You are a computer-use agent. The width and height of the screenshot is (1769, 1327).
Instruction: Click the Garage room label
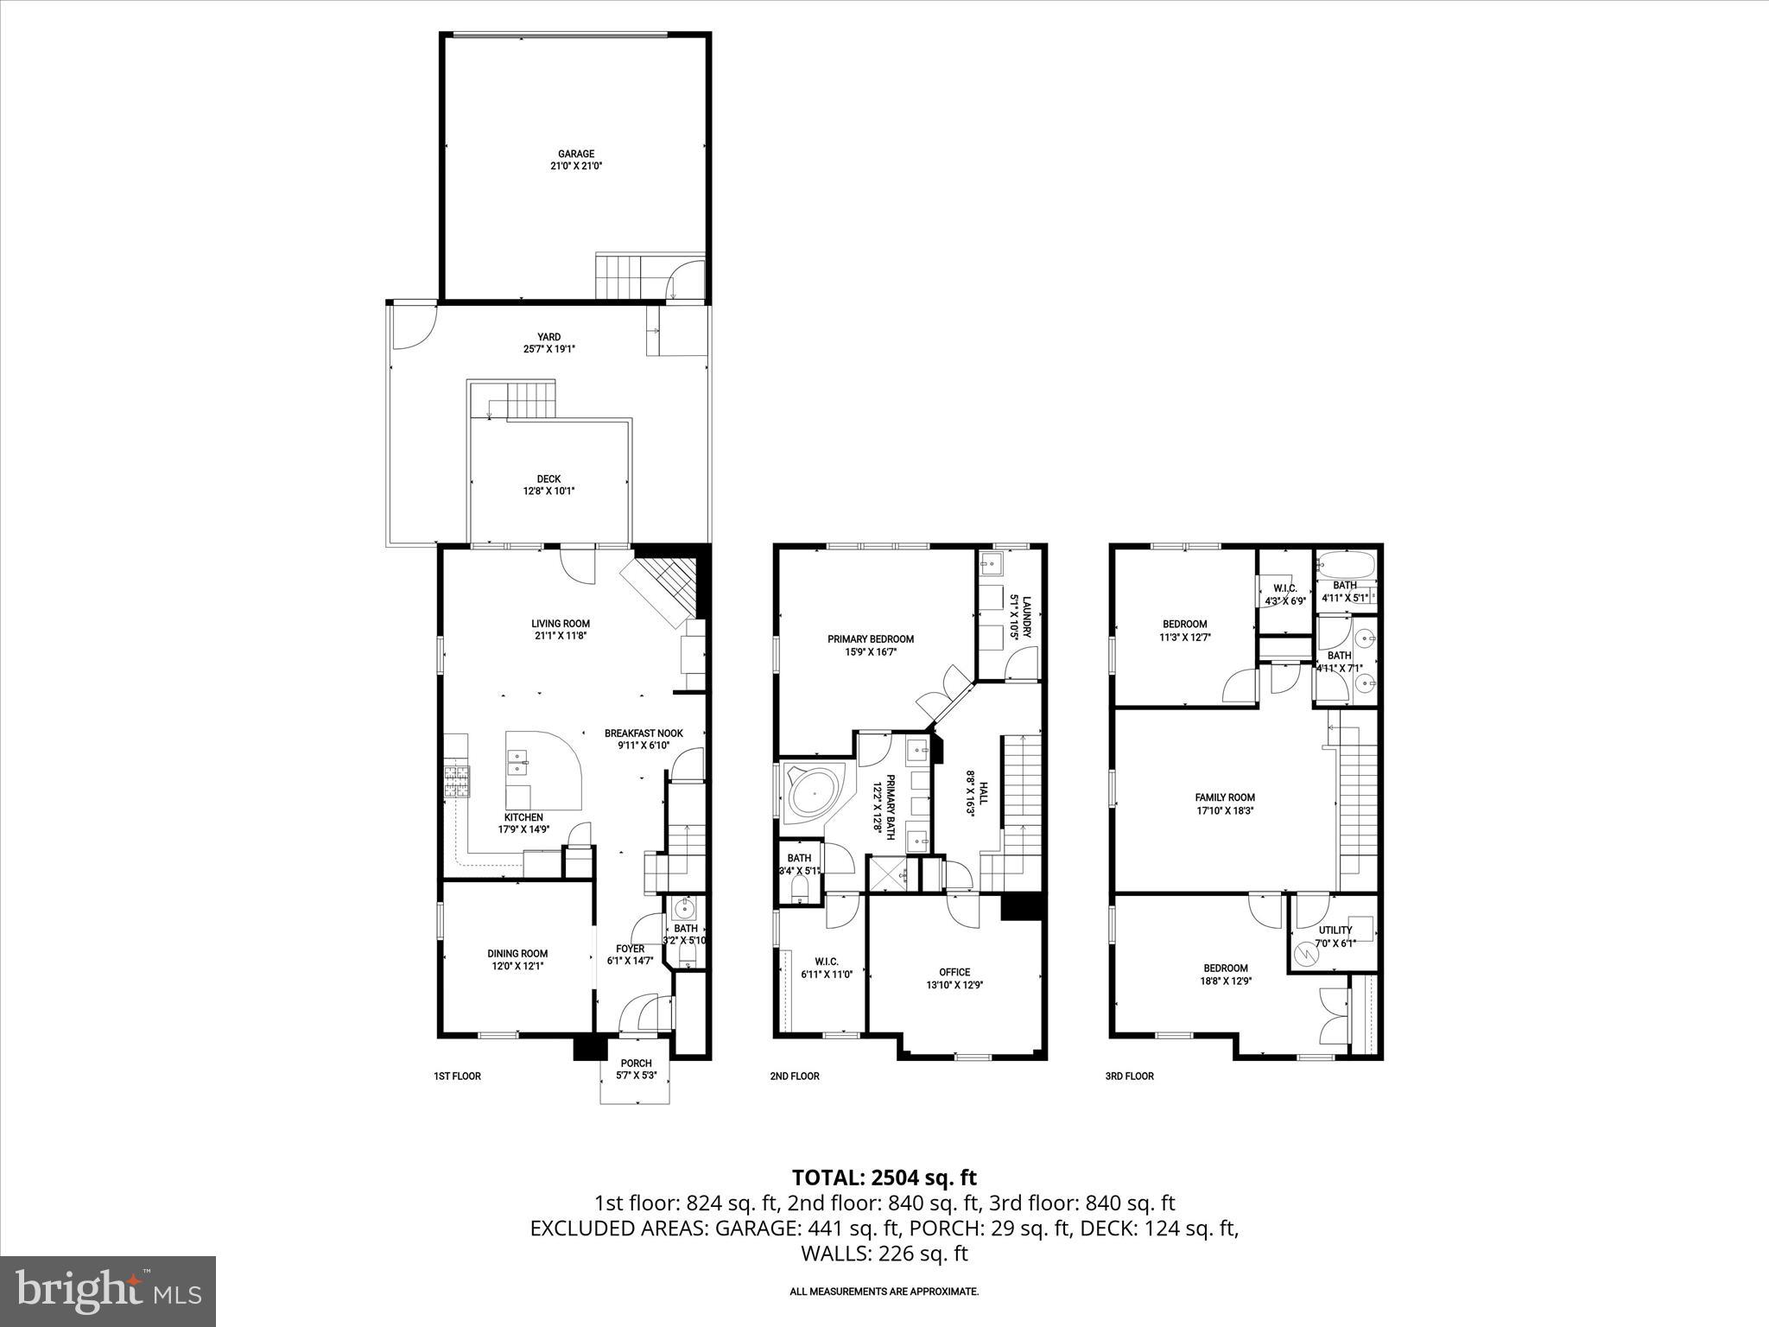575,154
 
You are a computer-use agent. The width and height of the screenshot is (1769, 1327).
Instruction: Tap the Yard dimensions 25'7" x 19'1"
548,349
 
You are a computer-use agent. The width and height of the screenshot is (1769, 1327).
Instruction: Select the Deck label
548,479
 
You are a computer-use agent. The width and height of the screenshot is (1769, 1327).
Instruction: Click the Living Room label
561,623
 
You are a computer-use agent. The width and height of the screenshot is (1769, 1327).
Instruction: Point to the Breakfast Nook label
644,733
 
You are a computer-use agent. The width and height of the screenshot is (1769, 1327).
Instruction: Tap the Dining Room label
517,954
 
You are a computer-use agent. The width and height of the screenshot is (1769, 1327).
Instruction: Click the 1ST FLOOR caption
457,1076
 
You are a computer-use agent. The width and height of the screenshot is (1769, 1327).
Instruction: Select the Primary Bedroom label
871,639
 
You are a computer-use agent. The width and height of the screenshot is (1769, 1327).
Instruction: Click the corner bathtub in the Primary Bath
810,790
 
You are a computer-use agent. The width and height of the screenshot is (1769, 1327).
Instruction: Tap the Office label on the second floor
954,972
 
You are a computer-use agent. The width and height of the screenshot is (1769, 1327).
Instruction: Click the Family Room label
1225,797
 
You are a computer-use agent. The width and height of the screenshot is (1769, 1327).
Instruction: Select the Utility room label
1335,930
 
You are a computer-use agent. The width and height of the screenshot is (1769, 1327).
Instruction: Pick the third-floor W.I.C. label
1285,588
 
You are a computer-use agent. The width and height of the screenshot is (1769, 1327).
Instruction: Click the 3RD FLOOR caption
1130,1076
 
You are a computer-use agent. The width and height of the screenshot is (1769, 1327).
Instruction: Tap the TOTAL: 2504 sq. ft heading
884,1177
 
